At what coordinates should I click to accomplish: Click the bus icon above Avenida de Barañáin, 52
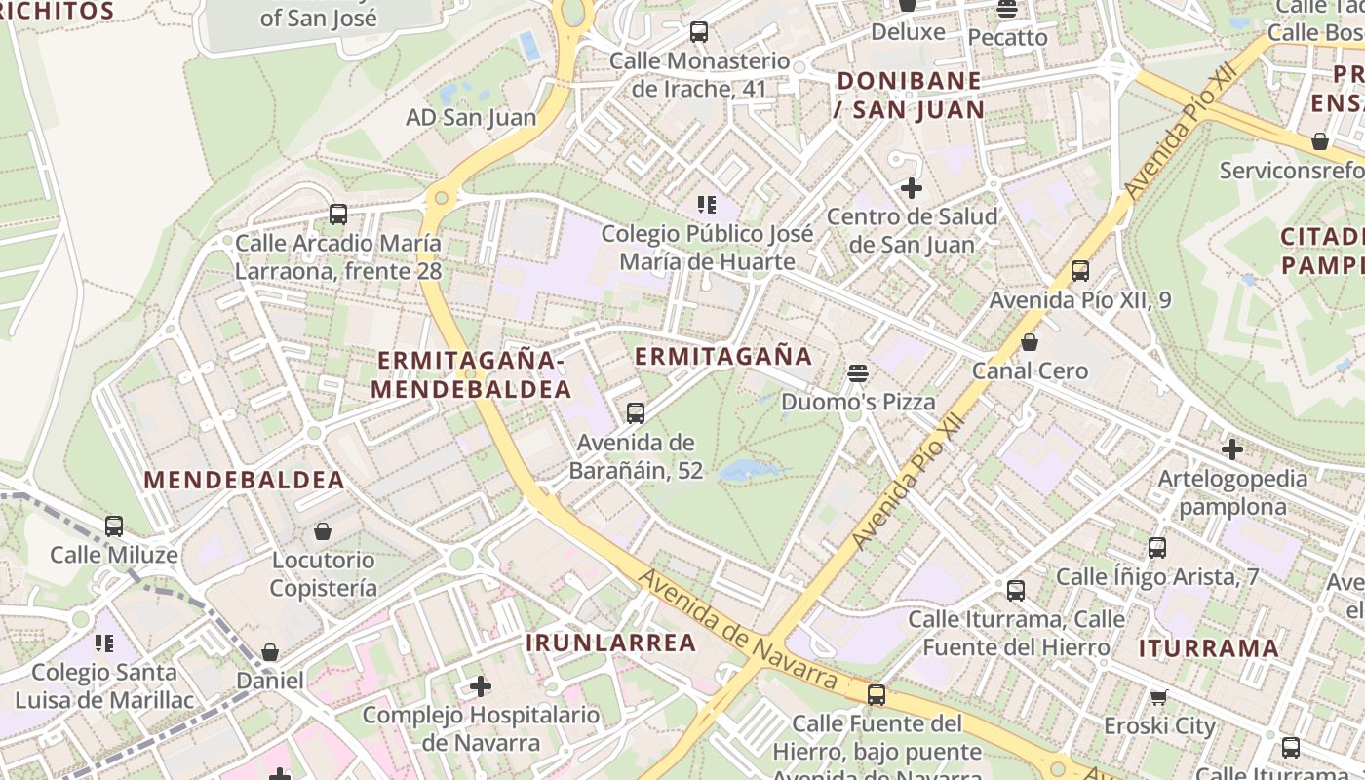pos(636,413)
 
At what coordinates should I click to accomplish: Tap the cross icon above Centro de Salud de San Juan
pos(912,188)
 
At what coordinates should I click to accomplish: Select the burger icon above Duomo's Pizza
pos(858,372)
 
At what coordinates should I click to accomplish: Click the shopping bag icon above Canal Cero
pos(1030,342)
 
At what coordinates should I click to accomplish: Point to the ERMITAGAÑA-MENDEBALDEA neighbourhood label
pos(471,374)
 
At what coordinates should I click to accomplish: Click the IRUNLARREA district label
pos(611,643)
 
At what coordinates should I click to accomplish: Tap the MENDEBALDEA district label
pos(244,480)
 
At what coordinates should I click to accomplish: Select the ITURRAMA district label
pos(1208,648)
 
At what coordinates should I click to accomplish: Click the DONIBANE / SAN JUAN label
pos(909,95)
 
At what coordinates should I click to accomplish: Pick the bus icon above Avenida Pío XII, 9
pos(1079,271)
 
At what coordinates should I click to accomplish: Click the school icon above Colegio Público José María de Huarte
pos(707,205)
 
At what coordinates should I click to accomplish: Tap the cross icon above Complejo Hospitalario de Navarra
pos(481,686)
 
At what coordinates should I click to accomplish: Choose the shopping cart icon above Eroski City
pos(1159,697)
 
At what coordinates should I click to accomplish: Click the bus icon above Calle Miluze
pos(114,526)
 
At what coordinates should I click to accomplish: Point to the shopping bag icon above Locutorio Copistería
pos(323,531)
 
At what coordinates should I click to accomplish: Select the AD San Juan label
pos(471,118)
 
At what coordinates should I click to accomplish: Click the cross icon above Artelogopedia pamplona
pos(1232,449)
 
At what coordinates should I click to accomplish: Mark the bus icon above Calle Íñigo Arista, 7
pos(1157,548)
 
